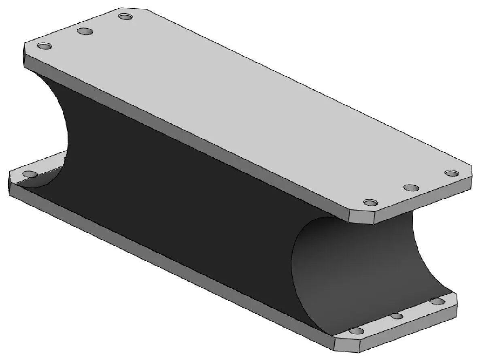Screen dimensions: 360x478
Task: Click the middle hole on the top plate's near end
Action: click(411, 188)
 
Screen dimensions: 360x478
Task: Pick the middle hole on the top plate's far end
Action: click(85, 31)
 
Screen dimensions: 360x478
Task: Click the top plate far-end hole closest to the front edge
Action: click(45, 46)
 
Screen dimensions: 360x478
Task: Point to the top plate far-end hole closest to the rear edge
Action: click(125, 17)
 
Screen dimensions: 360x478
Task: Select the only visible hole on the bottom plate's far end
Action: click(29, 174)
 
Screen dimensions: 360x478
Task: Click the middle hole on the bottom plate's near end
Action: click(397, 316)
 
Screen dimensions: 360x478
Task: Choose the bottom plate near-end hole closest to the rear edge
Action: click(436, 301)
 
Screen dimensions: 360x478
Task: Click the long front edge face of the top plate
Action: click(182, 140)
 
